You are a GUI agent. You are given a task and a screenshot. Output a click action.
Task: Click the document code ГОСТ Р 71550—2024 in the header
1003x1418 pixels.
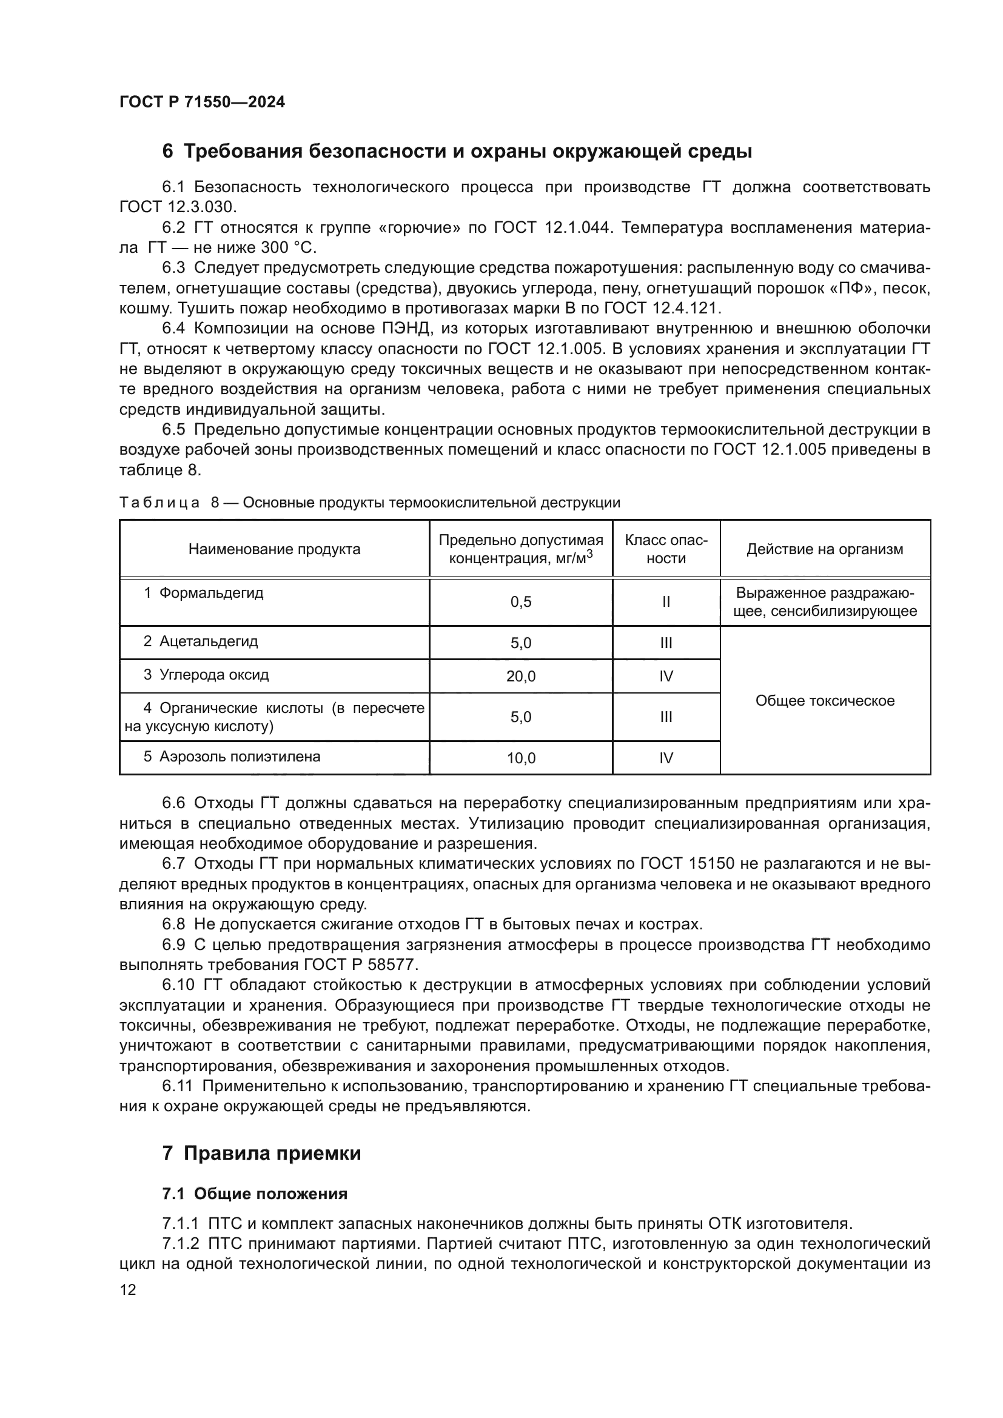[x=202, y=102]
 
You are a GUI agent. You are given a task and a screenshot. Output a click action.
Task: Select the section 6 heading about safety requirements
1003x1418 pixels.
[x=457, y=152]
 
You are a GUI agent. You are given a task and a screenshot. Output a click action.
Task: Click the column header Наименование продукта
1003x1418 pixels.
[x=274, y=549]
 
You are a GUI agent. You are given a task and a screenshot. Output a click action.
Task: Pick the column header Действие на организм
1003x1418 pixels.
[x=825, y=549]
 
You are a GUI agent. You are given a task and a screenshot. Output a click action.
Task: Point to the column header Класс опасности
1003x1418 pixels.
[x=666, y=549]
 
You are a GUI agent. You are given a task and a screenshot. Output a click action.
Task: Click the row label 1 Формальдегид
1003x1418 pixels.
[x=204, y=593]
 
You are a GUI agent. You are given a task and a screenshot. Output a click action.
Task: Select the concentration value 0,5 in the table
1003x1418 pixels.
[x=521, y=602]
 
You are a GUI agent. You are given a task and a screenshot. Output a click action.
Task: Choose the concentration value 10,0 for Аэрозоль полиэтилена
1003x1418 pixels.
[x=521, y=758]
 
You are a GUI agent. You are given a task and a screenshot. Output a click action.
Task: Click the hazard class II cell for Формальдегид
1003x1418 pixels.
[x=666, y=602]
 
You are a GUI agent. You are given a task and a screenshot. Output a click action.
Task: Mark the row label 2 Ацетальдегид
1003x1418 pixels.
[x=201, y=641]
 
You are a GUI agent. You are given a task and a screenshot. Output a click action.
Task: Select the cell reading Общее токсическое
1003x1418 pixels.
[x=825, y=700]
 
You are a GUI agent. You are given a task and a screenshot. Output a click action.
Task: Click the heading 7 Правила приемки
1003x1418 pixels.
[x=261, y=1153]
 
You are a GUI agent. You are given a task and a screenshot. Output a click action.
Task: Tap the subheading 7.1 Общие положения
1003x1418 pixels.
[x=255, y=1194]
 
